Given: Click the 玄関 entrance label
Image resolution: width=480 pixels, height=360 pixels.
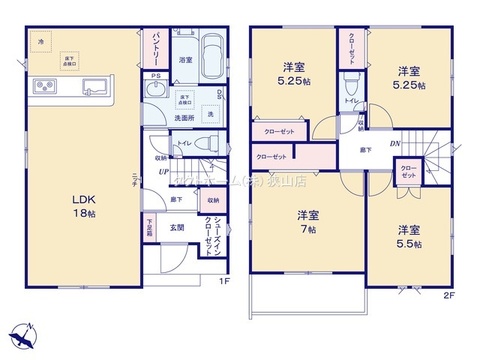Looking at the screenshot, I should click(x=175, y=228).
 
